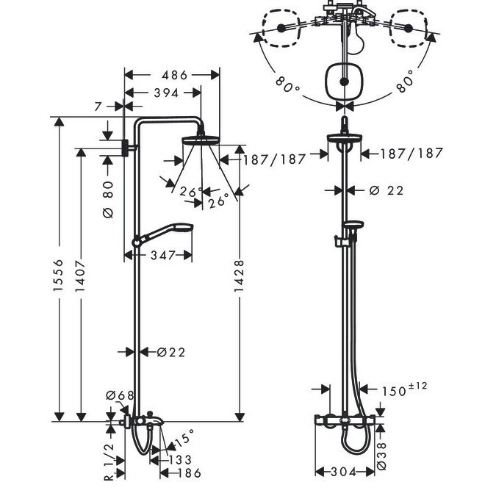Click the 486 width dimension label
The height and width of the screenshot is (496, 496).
175,75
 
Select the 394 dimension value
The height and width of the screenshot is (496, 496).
166,93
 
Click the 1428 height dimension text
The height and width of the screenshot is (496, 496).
239,276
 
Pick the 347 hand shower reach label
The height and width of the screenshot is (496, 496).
162,255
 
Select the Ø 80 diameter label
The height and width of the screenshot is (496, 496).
108,199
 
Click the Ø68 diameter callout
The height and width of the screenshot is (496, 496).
120,395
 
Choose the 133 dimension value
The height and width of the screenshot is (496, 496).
180,459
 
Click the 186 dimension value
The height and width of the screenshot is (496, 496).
189,473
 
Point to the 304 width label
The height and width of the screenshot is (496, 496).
344,472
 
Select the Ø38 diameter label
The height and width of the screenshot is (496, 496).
382,456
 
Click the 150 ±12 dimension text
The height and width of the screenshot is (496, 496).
404,389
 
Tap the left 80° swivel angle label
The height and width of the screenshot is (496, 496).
287,85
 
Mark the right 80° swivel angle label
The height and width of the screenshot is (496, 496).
406,82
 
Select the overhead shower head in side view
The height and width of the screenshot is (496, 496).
201,140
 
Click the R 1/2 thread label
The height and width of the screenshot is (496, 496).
109,462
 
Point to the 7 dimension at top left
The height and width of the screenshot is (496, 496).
98,107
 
